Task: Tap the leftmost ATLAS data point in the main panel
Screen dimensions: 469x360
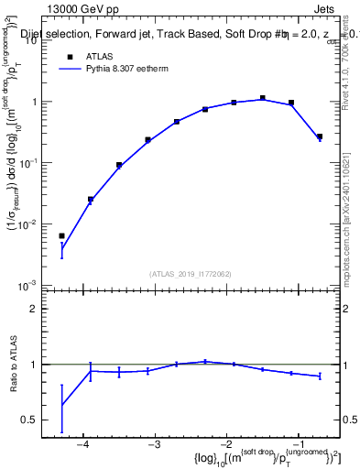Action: [61, 236]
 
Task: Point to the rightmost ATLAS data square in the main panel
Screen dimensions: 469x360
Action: [320, 136]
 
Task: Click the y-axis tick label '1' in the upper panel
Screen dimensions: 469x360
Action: [38, 102]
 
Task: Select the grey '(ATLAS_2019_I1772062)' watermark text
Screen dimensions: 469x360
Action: [190, 273]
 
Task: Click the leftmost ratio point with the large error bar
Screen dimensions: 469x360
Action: [61, 405]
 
